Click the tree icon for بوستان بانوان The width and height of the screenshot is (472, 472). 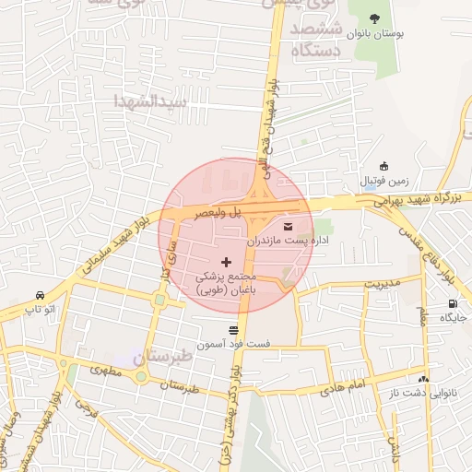click(373, 18)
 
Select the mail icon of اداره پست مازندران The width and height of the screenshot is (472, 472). click(288, 225)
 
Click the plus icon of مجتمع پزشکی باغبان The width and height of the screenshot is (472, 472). click(227, 263)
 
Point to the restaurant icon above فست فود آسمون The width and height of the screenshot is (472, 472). click(232, 329)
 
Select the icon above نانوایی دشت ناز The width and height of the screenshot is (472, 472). click(423, 379)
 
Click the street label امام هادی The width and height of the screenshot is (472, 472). click(345, 387)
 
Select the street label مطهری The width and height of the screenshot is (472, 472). click(106, 371)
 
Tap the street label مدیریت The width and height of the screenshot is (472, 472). click(382, 282)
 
